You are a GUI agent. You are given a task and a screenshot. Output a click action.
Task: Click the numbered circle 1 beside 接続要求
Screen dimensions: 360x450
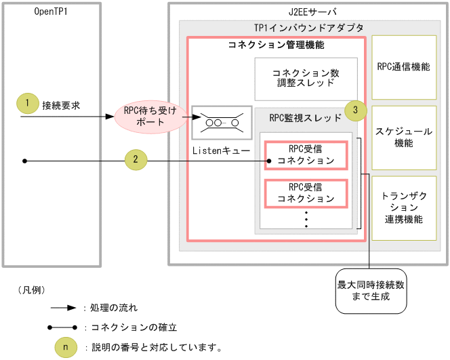click(x=26, y=104)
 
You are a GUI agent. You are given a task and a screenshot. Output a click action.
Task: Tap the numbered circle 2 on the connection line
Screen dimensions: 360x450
click(x=136, y=160)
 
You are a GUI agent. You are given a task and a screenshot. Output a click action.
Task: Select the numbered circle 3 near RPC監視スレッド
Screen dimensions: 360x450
click(x=356, y=109)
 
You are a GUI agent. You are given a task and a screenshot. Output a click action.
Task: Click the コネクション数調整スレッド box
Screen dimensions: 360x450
click(x=306, y=78)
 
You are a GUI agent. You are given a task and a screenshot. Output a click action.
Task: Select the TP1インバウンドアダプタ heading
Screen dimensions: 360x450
click(x=308, y=27)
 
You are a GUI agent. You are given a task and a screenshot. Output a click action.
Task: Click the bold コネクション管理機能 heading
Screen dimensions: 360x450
click(x=275, y=45)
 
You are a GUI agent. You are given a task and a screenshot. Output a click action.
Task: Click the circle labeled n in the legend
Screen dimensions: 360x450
click(x=65, y=347)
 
